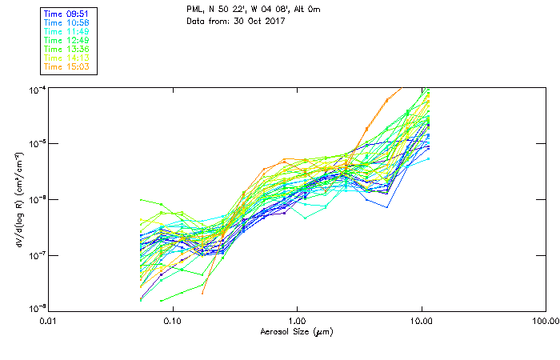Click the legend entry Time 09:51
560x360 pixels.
[x=66, y=13]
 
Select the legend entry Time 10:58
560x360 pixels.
[x=66, y=22]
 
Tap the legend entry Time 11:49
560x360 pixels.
[x=66, y=30]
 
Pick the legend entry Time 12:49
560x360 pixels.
[x=66, y=39]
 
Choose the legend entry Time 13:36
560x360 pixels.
[x=66, y=48]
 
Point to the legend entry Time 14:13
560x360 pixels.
[x=66, y=57]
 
